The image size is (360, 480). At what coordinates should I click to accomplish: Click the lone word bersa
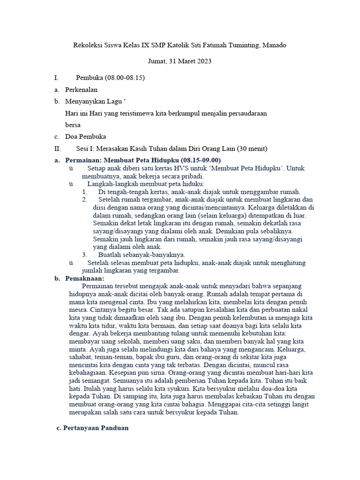tap(73, 125)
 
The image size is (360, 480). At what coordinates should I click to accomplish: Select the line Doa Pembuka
tap(85, 137)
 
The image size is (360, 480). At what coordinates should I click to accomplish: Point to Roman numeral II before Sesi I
tap(58, 149)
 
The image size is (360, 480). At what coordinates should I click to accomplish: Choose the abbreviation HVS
tap(164, 168)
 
